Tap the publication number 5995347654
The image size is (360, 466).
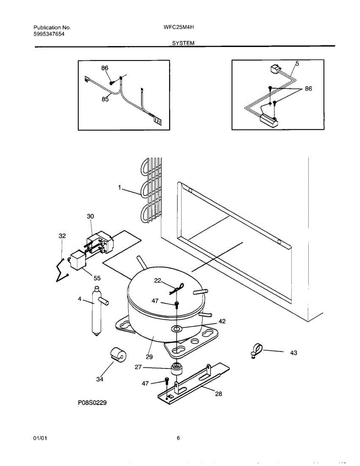coord(49,34)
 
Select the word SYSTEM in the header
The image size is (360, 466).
coord(183,43)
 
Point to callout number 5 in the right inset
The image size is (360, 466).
coord(297,63)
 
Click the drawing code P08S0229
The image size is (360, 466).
coord(92,403)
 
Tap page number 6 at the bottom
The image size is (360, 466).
coord(178,438)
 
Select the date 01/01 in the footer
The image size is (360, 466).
coord(40,438)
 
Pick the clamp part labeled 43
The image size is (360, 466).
coord(257,350)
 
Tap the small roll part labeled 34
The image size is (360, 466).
coord(117,354)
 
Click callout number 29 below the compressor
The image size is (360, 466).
coord(149,356)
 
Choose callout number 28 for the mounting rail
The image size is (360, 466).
coord(219,394)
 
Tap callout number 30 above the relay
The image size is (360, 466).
coord(90,216)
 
